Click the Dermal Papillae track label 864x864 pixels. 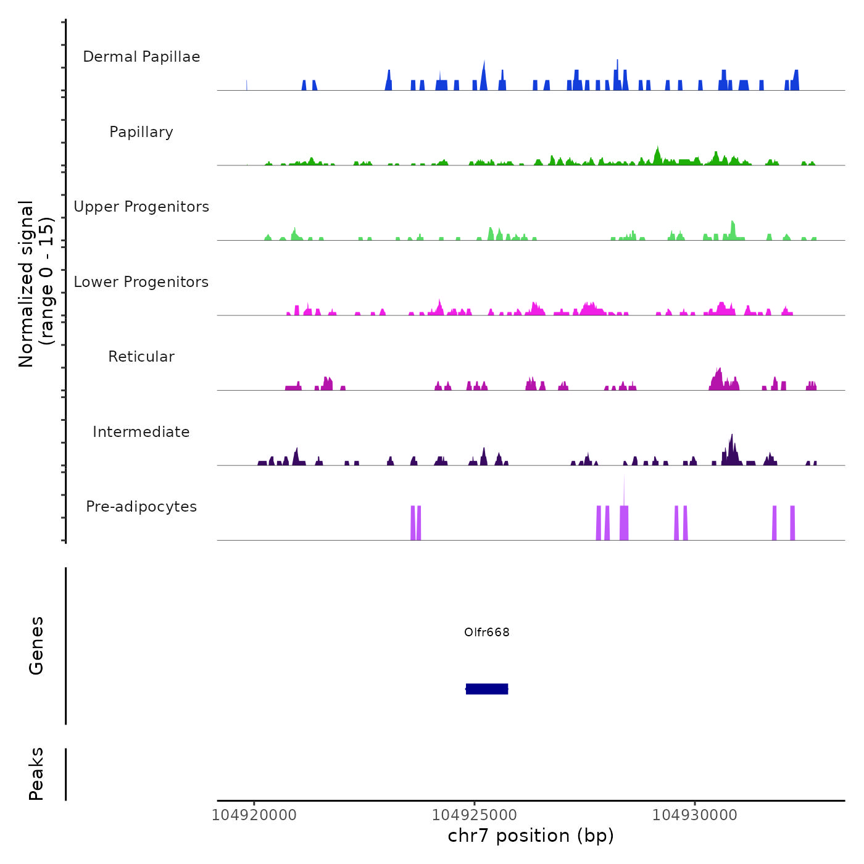tap(141, 57)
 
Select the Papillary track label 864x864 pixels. tap(141, 132)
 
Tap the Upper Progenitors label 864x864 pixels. tap(141, 207)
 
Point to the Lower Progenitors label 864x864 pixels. tap(141, 282)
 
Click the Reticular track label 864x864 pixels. tap(141, 357)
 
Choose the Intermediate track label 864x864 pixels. tap(141, 432)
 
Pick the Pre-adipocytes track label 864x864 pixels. tap(141, 507)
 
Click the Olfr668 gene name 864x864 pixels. tap(487, 632)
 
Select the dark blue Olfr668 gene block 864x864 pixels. tap(487, 689)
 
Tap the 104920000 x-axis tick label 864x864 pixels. tap(254, 815)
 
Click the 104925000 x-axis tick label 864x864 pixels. tap(475, 815)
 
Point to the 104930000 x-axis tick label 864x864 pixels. tap(695, 815)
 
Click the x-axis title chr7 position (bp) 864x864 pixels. tap(531, 836)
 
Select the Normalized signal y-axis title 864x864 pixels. tap(36, 284)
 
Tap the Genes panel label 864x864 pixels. tap(36, 646)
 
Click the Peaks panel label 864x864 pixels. tap(36, 774)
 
